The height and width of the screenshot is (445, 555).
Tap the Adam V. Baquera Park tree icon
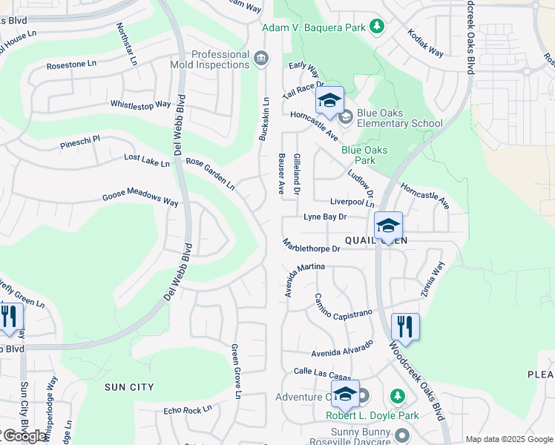click(x=378, y=26)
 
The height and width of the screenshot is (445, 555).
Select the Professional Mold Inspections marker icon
click(x=260, y=59)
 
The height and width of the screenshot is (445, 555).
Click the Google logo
click(x=24, y=436)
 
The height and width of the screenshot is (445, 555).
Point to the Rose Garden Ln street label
click(x=210, y=173)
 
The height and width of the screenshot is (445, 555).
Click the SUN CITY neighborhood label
click(x=129, y=387)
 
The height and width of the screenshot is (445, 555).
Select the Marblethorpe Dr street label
click(x=311, y=245)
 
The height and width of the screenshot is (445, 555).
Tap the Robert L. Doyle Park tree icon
click(x=397, y=396)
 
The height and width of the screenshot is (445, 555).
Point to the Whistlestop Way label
click(x=140, y=105)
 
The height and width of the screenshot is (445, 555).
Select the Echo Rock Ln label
click(x=188, y=409)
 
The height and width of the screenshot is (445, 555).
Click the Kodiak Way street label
click(x=425, y=43)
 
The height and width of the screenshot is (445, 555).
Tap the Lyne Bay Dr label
click(x=325, y=217)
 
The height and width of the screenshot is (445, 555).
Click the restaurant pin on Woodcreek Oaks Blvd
click(x=405, y=325)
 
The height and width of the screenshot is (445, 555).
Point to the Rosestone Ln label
click(x=71, y=65)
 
